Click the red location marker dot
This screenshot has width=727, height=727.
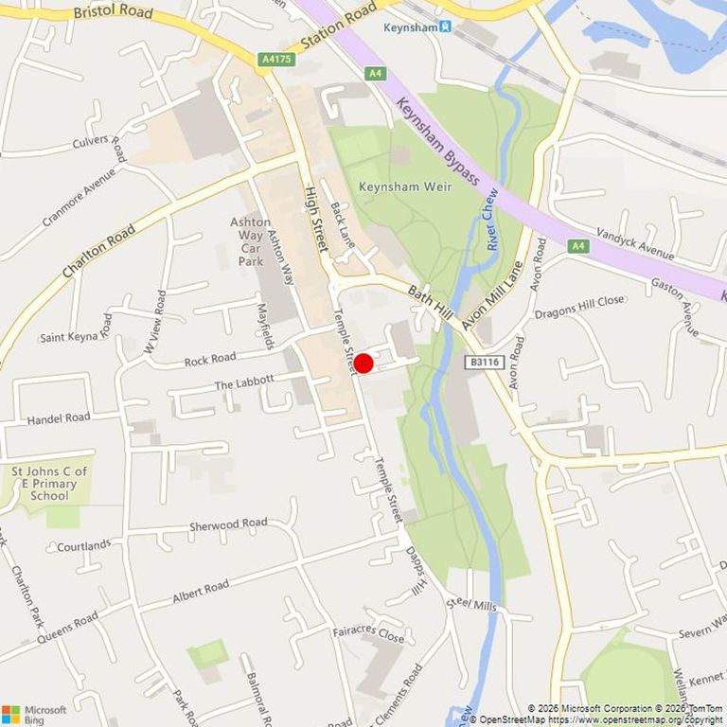point(363,363)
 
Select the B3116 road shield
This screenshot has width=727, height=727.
point(483,362)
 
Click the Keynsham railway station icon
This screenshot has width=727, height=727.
point(445,27)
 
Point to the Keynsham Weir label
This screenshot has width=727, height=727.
point(404,186)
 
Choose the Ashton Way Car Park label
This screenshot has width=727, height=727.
point(250,241)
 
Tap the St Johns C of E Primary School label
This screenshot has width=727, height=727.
point(49,483)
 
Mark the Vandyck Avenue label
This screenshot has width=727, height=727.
point(635,243)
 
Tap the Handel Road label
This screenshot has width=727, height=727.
point(59,417)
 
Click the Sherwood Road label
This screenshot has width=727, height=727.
point(228,523)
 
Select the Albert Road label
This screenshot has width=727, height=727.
point(201,593)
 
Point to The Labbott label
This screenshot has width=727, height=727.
point(244,382)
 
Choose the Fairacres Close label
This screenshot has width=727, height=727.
point(368,632)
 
